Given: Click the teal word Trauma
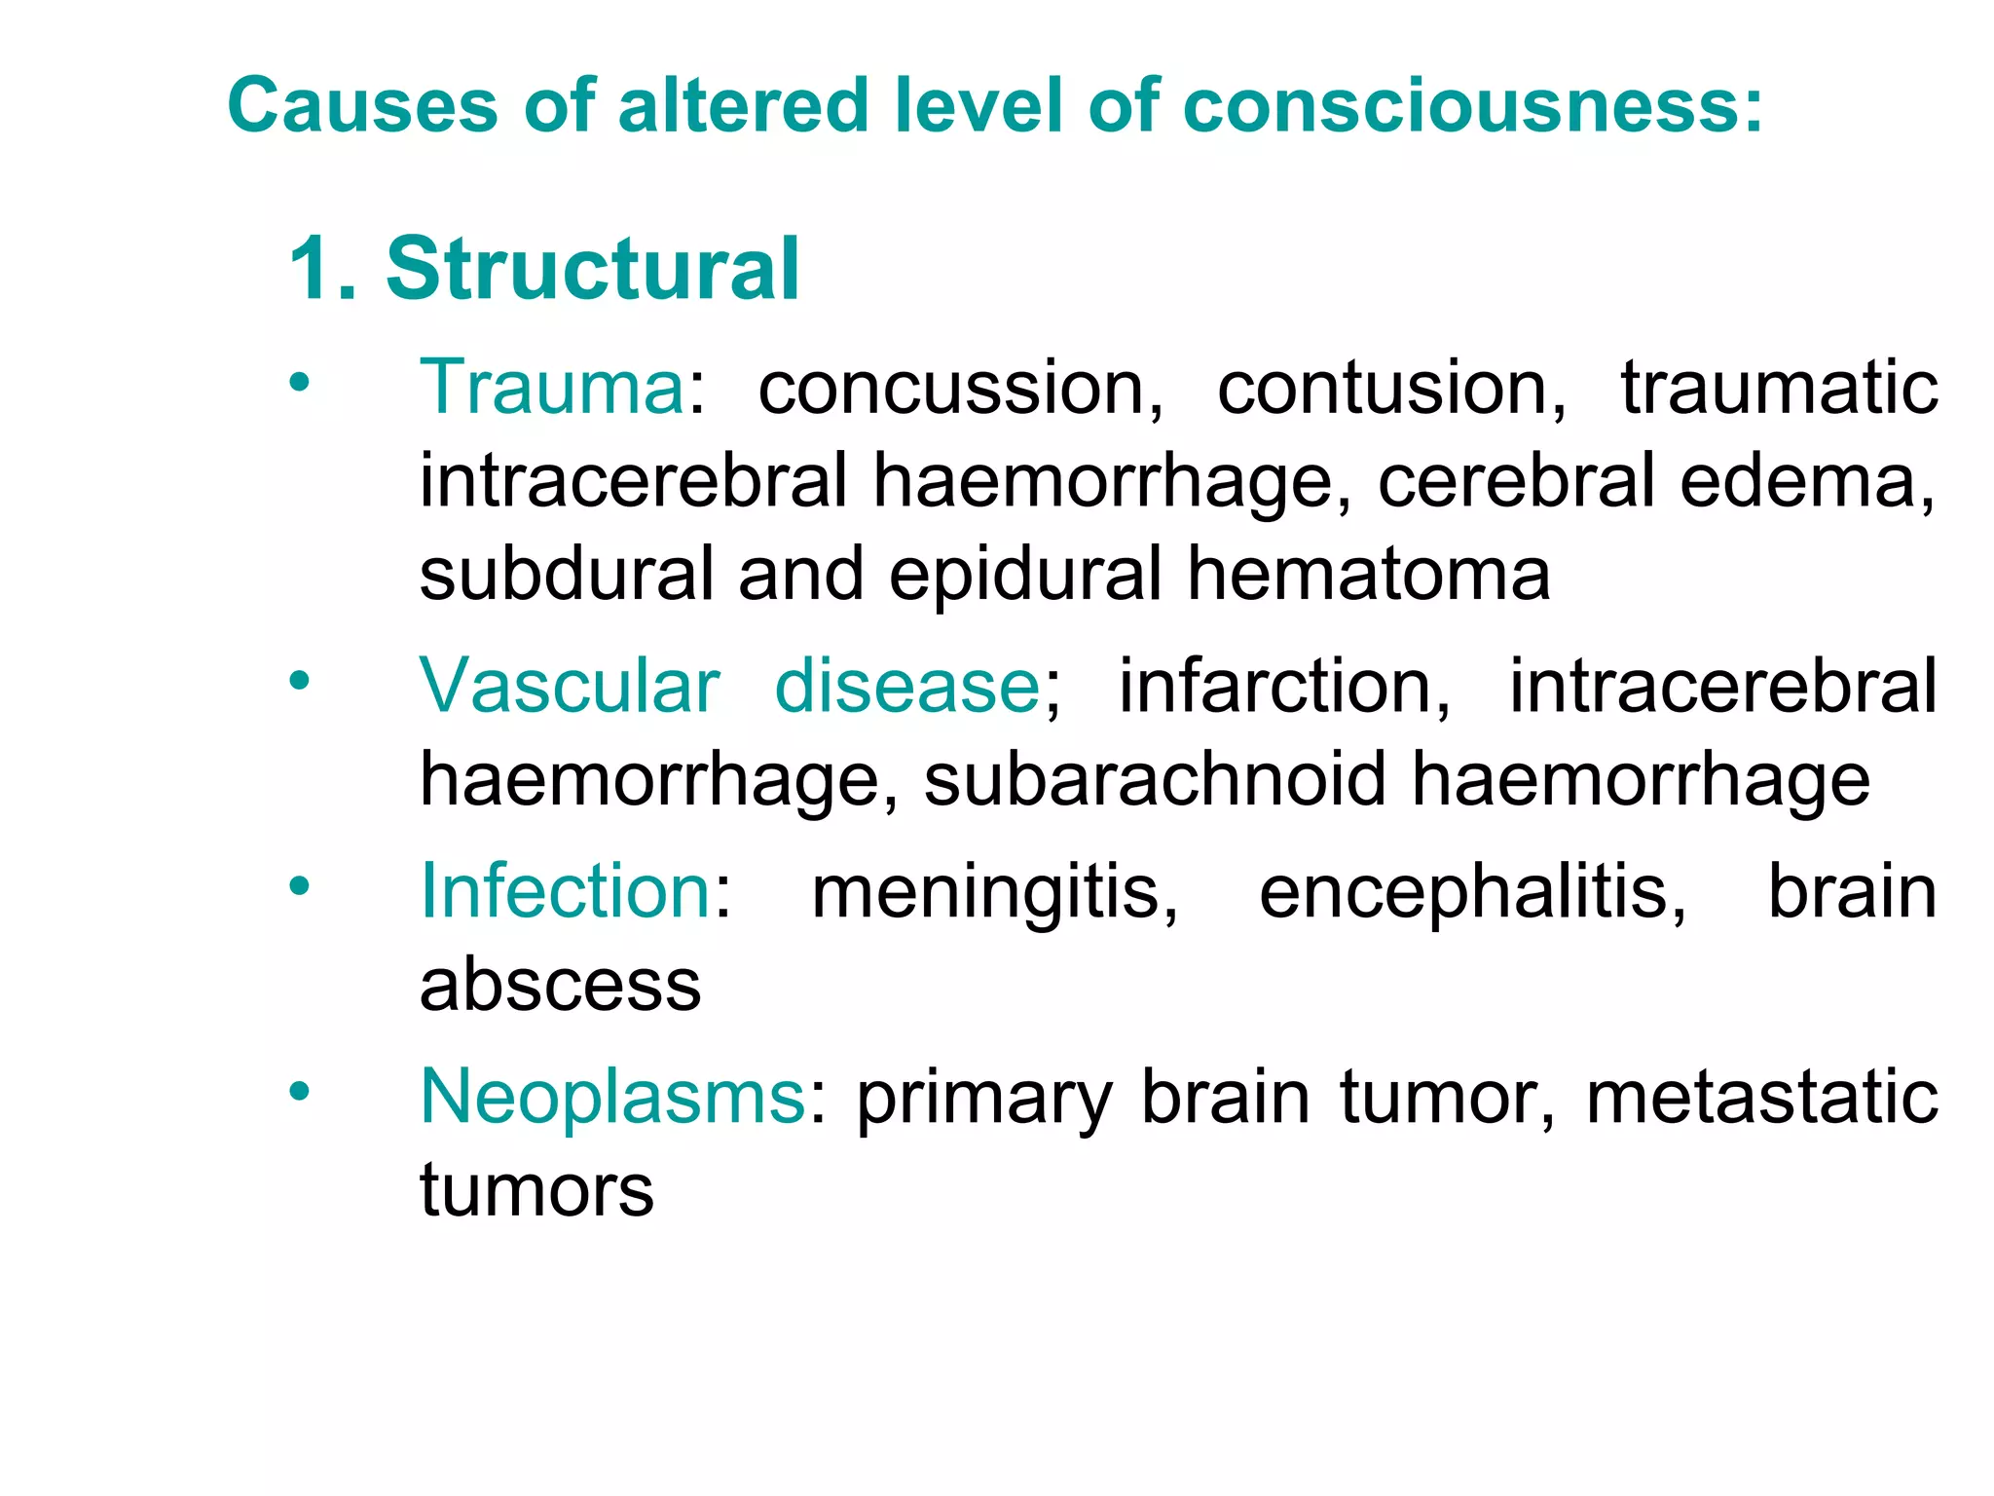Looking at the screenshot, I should (x=552, y=388).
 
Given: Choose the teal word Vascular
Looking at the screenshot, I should (x=570, y=686).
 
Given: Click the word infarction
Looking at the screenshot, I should (x=1283, y=688).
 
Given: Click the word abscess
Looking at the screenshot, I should (x=560, y=986).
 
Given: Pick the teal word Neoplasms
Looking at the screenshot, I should (x=612, y=1098).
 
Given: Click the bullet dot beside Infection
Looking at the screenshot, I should (x=299, y=886).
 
